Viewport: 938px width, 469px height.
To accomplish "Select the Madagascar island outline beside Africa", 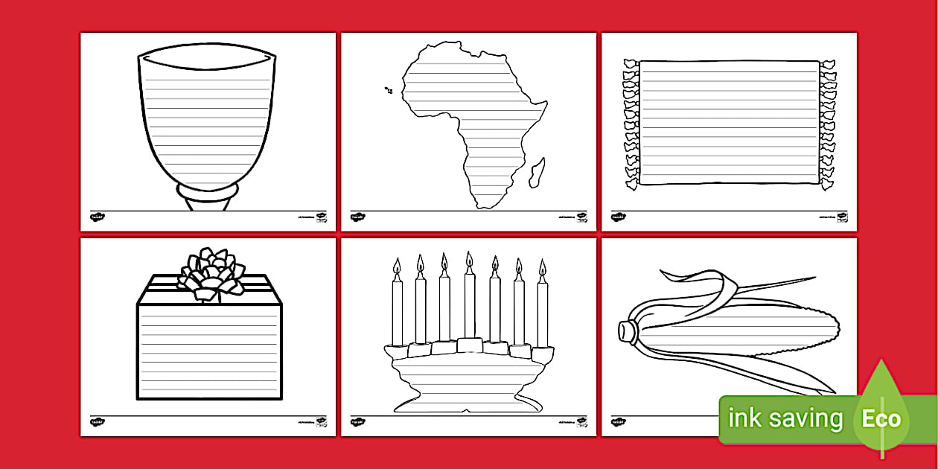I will pyautogui.click(x=537, y=172).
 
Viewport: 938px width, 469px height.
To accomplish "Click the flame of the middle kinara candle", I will pyautogui.click(x=469, y=261).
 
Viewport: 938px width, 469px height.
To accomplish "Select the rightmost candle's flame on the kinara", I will pyautogui.click(x=542, y=268).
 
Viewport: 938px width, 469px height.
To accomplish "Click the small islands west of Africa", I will pyautogui.click(x=388, y=90).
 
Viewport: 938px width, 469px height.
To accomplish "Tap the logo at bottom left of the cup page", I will pyautogui.click(x=97, y=217).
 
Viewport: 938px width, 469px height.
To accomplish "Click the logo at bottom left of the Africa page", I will pyautogui.click(x=357, y=217).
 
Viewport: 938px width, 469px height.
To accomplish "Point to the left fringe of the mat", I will pyautogui.click(x=631, y=123).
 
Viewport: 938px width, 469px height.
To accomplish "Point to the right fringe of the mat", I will pyautogui.click(x=828, y=123).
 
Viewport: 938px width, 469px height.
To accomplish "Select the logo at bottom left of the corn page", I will pyautogui.click(x=618, y=422).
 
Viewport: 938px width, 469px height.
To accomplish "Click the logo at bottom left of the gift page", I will pyautogui.click(x=97, y=422).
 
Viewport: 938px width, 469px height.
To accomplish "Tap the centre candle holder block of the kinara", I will pyautogui.click(x=470, y=345).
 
